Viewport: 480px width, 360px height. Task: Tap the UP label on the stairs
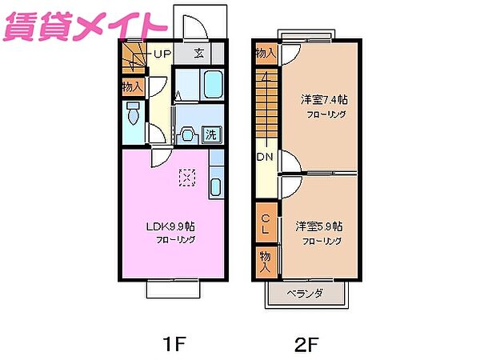click(x=162, y=55)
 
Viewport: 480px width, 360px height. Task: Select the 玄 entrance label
click(x=200, y=54)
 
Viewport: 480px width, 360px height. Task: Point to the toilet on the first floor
click(x=134, y=114)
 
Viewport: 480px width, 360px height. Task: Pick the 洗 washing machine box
click(x=211, y=134)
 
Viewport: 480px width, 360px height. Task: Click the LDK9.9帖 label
click(x=170, y=226)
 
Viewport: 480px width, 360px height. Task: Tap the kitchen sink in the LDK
click(x=215, y=188)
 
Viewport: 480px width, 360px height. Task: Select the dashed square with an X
click(x=187, y=177)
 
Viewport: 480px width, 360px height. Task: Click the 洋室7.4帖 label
click(x=323, y=99)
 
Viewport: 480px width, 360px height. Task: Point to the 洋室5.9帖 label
click(x=318, y=226)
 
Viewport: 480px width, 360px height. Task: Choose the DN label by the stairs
click(x=264, y=158)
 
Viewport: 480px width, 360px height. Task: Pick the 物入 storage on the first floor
click(x=133, y=86)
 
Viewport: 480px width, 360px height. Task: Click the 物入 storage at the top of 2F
click(x=266, y=54)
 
